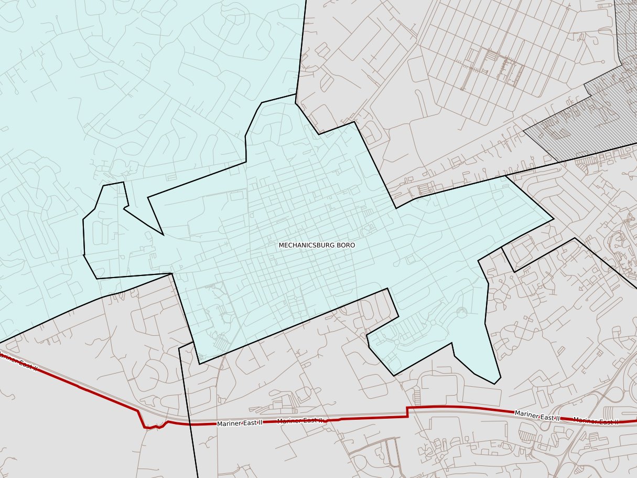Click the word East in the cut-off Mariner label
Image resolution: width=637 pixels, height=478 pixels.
click(x=23, y=364)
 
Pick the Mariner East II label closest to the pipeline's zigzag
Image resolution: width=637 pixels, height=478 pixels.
click(x=240, y=423)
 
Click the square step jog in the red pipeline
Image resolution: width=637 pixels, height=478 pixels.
click(x=407, y=412)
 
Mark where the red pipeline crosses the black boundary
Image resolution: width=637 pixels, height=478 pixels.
click(x=190, y=423)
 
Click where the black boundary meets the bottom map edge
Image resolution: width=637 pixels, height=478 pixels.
click(x=198, y=476)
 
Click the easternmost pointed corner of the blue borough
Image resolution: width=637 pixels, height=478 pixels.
click(x=554, y=219)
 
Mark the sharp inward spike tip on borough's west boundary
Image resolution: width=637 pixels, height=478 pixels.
click(x=164, y=235)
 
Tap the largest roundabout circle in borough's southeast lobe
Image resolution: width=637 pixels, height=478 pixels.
click(x=461, y=313)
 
